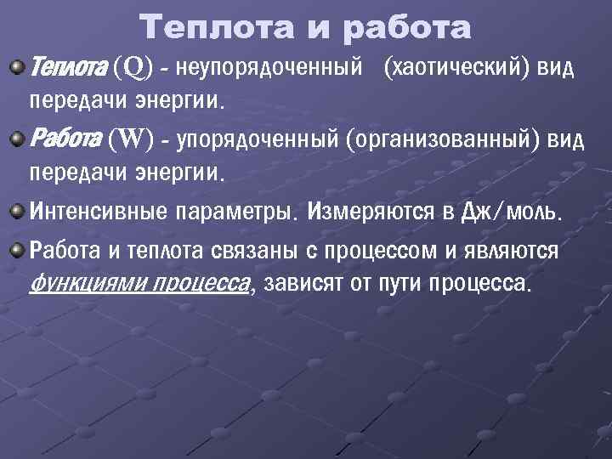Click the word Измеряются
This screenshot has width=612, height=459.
point(371,210)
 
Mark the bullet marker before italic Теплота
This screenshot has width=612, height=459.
point(19,65)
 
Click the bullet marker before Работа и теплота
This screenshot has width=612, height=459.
point(19,246)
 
